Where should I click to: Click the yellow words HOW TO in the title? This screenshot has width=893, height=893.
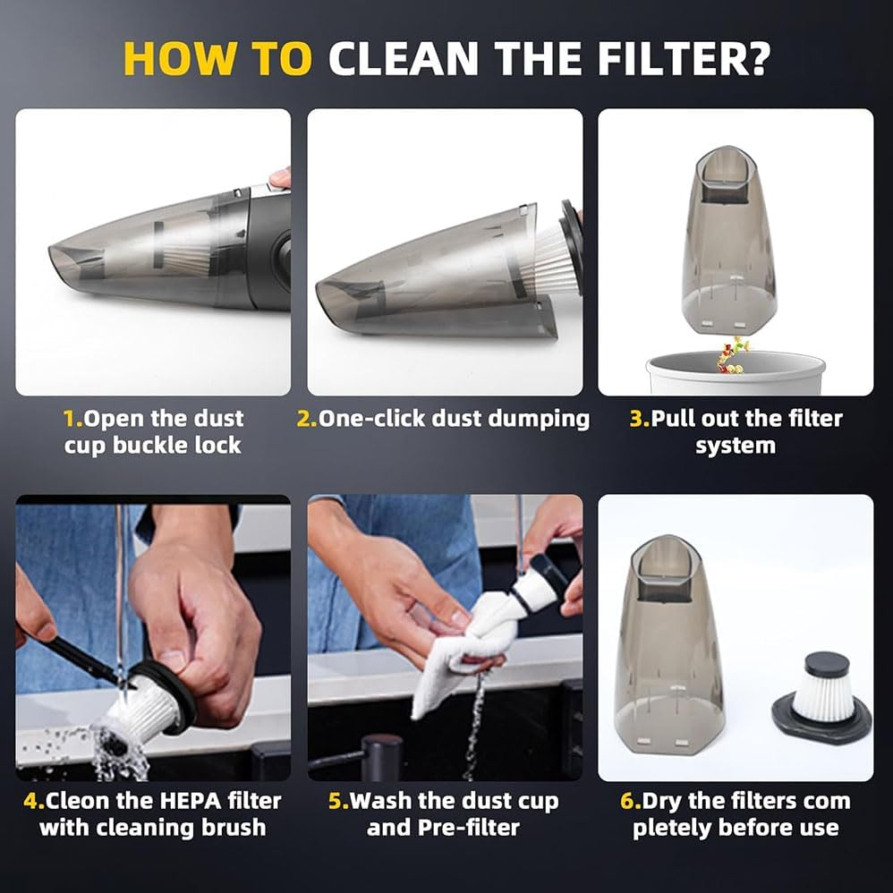(217, 59)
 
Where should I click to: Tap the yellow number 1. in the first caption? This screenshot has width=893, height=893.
(72, 419)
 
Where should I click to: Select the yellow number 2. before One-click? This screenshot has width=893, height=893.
(307, 419)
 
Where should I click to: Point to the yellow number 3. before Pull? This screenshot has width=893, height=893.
(639, 419)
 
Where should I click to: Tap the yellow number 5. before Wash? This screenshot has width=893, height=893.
(338, 801)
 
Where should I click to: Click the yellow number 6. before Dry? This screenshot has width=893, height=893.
(631, 801)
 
